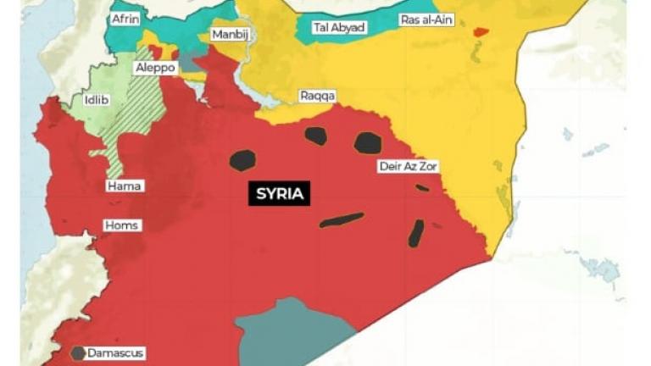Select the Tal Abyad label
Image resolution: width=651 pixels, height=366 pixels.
click(339, 27)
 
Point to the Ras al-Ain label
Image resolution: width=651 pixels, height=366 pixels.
click(426, 19)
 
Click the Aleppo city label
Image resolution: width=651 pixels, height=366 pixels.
click(155, 67)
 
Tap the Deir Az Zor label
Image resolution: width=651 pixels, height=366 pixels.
click(409, 166)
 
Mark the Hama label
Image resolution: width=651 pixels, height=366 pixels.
click(125, 186)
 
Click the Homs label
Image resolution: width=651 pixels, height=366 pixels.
click(121, 225)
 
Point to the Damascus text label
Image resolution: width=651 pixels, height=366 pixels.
click(115, 352)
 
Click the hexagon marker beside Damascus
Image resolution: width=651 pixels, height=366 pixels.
click(78, 352)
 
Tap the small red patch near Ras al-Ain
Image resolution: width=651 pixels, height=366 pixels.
click(481, 32)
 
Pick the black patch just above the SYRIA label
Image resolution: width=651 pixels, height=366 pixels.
click(242, 159)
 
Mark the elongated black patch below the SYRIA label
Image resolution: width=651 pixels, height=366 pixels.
click(342, 219)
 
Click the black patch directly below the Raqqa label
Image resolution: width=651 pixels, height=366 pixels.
click(316, 136)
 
